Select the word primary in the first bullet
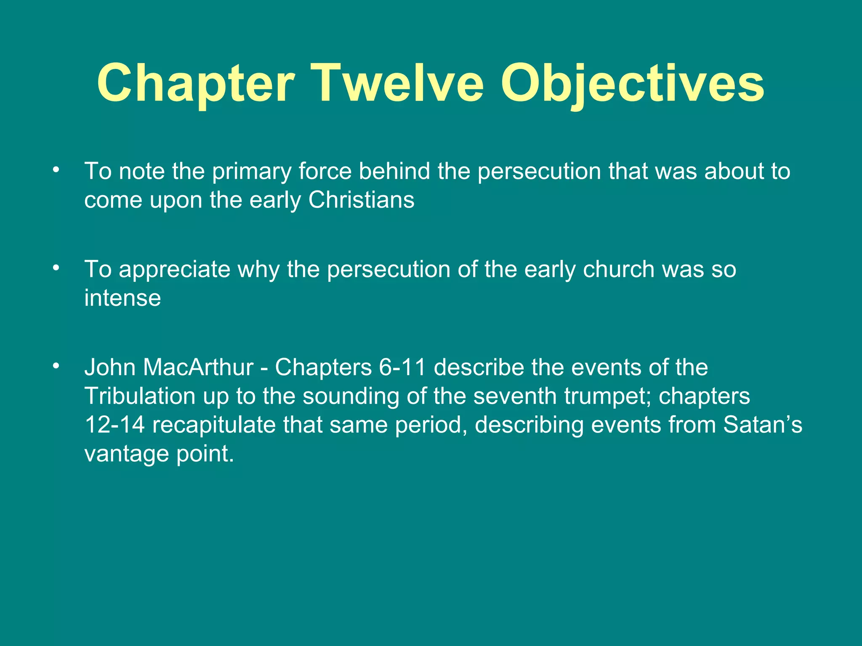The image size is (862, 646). (252, 172)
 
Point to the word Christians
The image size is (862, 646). (361, 200)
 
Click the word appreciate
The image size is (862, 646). (174, 270)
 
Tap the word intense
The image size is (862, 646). (122, 298)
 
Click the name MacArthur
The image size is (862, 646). (198, 367)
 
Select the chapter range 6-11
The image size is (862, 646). (402, 367)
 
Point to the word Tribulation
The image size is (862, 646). (140, 396)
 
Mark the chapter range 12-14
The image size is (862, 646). (114, 425)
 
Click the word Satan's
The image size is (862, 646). (763, 425)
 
